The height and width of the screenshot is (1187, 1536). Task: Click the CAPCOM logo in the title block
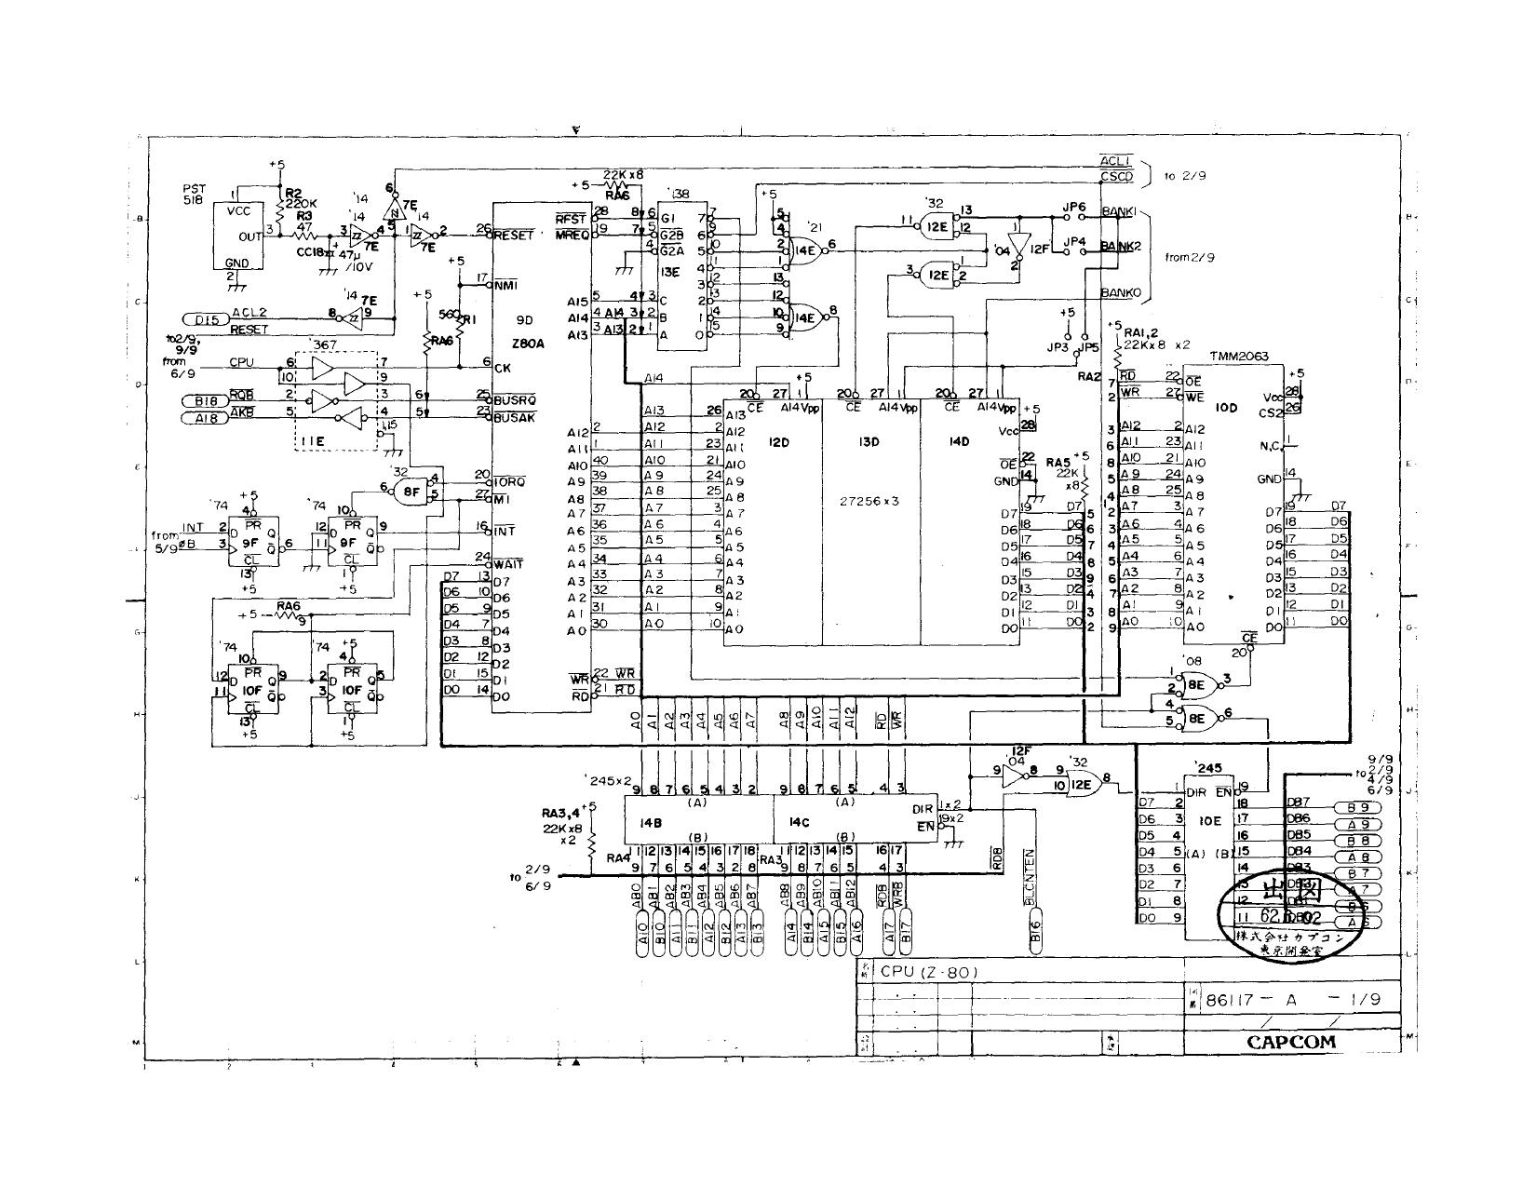click(x=1290, y=1041)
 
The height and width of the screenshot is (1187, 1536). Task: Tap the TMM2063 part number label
click(x=1237, y=357)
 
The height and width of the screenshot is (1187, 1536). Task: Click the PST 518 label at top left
click(x=195, y=194)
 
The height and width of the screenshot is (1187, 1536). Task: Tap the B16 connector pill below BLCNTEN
click(x=1036, y=943)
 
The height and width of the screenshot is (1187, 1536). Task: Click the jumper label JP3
click(x=1057, y=348)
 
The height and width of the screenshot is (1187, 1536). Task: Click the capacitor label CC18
click(x=309, y=252)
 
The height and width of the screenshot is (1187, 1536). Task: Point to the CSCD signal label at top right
click(x=1115, y=176)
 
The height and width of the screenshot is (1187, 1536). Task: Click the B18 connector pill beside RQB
click(x=205, y=401)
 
